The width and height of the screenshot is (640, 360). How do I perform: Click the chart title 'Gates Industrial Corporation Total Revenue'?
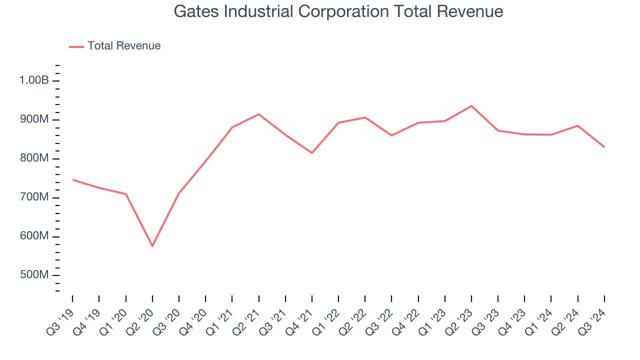click(338, 11)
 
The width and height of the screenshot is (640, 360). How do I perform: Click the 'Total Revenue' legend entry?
click(123, 46)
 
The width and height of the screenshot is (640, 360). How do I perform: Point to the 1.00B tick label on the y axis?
click(34, 80)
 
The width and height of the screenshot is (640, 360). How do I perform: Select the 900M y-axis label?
click(34, 119)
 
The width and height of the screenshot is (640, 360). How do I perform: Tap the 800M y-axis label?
click(34, 158)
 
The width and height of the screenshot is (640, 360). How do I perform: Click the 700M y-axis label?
click(34, 197)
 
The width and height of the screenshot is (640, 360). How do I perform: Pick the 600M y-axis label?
click(34, 236)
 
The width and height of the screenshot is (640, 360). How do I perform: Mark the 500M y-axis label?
click(34, 275)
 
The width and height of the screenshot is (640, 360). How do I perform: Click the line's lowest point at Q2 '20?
click(152, 246)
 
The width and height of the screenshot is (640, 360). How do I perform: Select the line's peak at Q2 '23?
click(471, 106)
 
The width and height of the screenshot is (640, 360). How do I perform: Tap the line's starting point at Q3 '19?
click(72, 179)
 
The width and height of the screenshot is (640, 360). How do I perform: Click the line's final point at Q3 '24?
click(604, 147)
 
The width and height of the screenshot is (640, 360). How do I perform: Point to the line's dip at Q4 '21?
click(312, 153)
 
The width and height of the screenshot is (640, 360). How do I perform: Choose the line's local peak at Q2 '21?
click(258, 114)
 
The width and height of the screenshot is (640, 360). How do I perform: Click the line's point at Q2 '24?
click(578, 125)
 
